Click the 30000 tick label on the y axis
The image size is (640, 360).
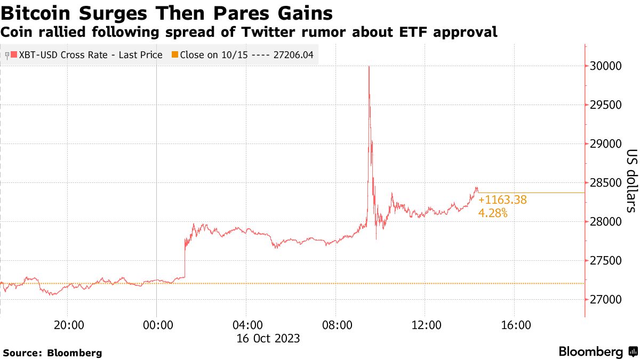coord(608,66)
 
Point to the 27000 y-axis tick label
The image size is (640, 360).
coord(608,300)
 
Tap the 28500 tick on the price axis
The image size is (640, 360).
coord(608,183)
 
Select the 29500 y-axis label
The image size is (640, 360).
coord(608,105)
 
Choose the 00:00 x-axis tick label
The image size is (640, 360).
coord(156,325)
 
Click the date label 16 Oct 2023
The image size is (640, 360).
coord(268,338)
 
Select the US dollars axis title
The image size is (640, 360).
coord(630,188)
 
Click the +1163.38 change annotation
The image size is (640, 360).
coord(502,200)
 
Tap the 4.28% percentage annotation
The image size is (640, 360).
coord(493,213)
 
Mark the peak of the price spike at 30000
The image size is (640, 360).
coord(369,67)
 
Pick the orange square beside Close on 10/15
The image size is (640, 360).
coord(175,54)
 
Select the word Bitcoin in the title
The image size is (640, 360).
coord(33,13)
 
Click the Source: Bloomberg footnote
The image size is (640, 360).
coord(52,353)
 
